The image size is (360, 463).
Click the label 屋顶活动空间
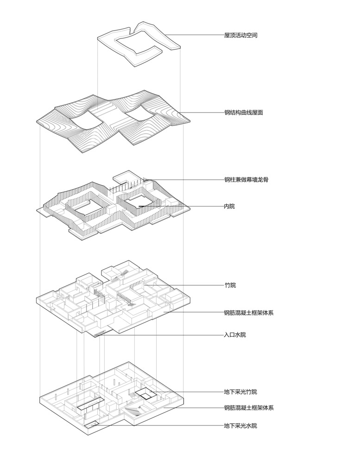(x=240, y=35)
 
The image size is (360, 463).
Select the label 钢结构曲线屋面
(x=244, y=112)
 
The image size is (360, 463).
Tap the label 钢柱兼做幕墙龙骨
(x=246, y=179)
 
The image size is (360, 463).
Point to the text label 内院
(x=229, y=206)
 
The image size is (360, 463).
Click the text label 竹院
(x=230, y=285)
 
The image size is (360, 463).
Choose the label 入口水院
(x=235, y=335)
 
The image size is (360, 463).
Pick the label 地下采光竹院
(x=240, y=392)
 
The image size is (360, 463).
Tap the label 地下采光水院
(x=240, y=425)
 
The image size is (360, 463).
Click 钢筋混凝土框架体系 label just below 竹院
(x=249, y=313)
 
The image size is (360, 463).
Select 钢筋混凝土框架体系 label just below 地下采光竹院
(x=249, y=408)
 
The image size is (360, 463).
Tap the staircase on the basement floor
(x=133, y=411)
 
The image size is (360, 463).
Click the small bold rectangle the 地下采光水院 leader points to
(x=92, y=425)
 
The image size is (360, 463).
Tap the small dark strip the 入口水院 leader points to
(x=99, y=334)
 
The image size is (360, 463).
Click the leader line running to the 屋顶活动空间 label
(x=195, y=35)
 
